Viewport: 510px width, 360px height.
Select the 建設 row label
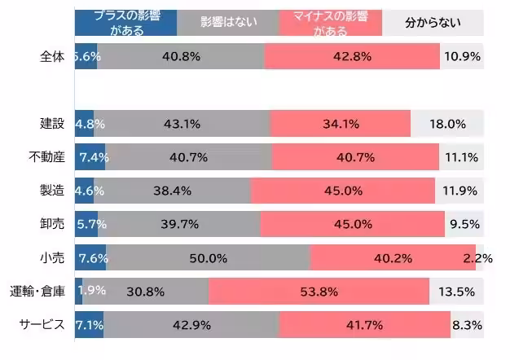click(52, 124)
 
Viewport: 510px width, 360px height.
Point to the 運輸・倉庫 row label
click(37, 291)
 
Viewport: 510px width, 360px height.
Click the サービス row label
click(42, 324)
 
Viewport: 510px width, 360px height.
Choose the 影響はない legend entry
click(227, 22)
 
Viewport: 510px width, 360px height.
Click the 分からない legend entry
click(432, 22)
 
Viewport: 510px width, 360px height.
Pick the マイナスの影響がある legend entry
click(330, 22)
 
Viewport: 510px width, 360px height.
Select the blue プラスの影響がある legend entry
click(125, 22)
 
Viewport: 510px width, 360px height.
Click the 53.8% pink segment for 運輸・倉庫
click(319, 291)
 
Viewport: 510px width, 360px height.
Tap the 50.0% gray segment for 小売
click(208, 257)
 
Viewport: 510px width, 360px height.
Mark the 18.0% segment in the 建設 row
click(446, 124)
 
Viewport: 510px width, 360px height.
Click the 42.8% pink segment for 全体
click(352, 56)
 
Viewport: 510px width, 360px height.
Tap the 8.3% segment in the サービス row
click(467, 324)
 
